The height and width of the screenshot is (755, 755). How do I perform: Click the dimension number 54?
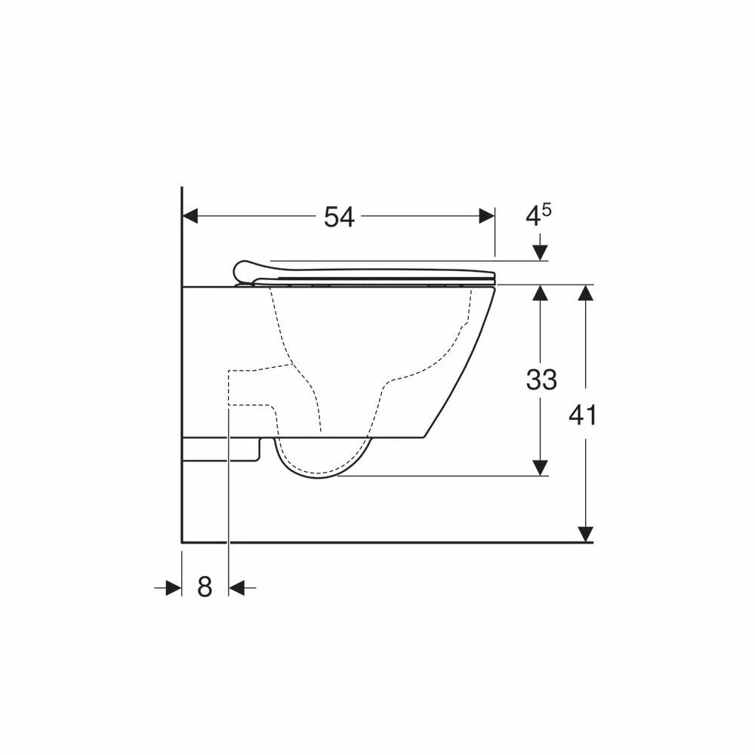coord(339,217)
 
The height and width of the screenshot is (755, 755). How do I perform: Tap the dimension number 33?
coord(541,379)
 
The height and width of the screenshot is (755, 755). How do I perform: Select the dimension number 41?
coord(583,415)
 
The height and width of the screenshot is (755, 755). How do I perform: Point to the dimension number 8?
coord(205,587)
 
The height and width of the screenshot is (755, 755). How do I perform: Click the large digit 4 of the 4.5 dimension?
coord(532,217)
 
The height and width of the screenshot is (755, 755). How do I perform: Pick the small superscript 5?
coord(547,210)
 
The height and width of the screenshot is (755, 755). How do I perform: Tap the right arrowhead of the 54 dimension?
coord(487,216)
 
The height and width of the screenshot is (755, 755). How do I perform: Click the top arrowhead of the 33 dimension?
coord(541,293)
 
